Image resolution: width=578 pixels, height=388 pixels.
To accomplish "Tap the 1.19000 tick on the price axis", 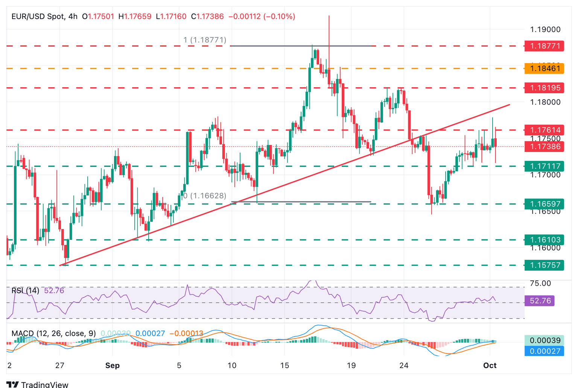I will pyautogui.click(x=545, y=29).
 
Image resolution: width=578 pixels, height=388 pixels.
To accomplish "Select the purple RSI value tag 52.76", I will pyautogui.click(x=540, y=301).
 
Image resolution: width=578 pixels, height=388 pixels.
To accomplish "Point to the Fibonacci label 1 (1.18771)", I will pyautogui.click(x=205, y=40).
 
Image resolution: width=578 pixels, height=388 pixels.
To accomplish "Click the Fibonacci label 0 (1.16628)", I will pyautogui.click(x=205, y=196).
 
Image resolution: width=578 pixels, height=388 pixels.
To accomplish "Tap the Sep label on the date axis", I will pyautogui.click(x=113, y=365).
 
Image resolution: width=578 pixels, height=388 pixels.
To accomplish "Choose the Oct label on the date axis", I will pyautogui.click(x=490, y=365).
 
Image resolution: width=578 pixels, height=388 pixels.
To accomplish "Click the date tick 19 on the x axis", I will pyautogui.click(x=351, y=365).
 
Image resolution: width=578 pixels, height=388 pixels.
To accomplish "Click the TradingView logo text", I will pyautogui.click(x=44, y=384).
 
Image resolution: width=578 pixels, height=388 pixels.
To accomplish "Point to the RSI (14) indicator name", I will pyautogui.click(x=25, y=291).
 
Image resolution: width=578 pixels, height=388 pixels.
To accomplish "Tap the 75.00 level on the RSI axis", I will pyautogui.click(x=540, y=283).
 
